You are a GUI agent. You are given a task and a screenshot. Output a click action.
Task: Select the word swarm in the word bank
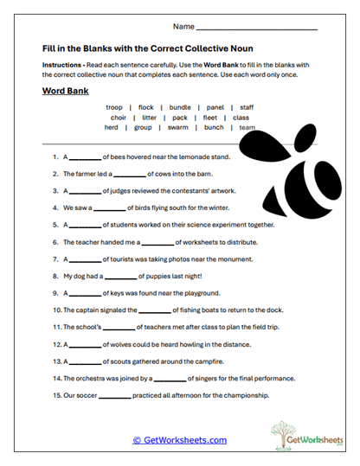click(x=177, y=127)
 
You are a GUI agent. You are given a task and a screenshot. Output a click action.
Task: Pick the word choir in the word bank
click(x=119, y=118)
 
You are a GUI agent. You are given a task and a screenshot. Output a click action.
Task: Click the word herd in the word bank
click(x=111, y=127)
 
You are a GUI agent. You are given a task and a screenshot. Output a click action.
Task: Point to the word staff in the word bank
click(x=247, y=107)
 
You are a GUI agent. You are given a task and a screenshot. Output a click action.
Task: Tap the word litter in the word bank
click(x=149, y=118)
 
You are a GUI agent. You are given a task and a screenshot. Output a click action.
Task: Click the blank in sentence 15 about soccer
click(x=114, y=396)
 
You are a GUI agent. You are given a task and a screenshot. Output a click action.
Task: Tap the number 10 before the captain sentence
click(x=56, y=310)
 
